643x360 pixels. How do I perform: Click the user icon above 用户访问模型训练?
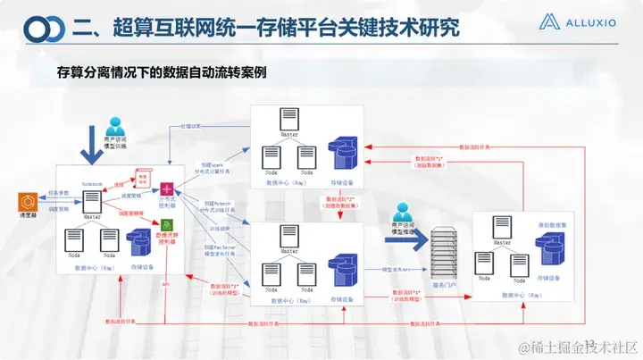(114, 127)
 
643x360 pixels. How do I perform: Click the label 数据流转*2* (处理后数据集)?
(340, 202)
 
